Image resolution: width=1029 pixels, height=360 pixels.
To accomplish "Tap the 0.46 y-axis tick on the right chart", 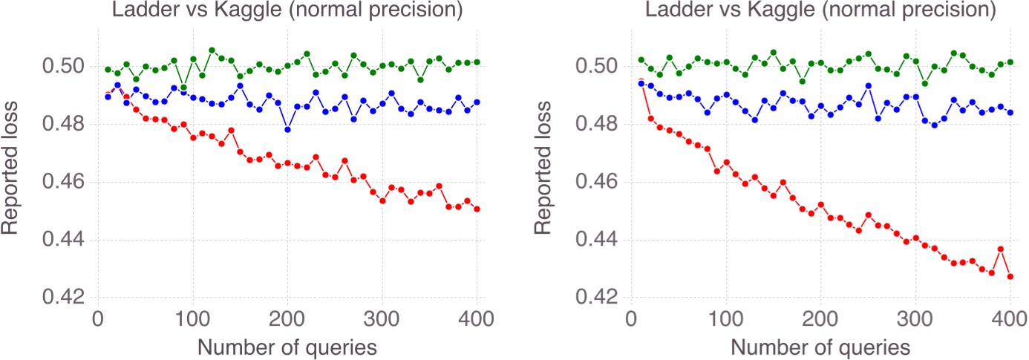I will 597,183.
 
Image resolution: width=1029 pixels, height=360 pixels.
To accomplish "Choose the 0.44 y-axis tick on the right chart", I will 597,240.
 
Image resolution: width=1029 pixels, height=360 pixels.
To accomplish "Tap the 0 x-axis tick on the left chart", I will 98,318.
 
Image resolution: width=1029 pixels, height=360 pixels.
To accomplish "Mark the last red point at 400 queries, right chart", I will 1010,277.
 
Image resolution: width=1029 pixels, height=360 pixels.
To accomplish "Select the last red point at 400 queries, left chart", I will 477,209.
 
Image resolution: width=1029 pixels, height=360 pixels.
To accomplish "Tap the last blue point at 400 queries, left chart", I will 477,102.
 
